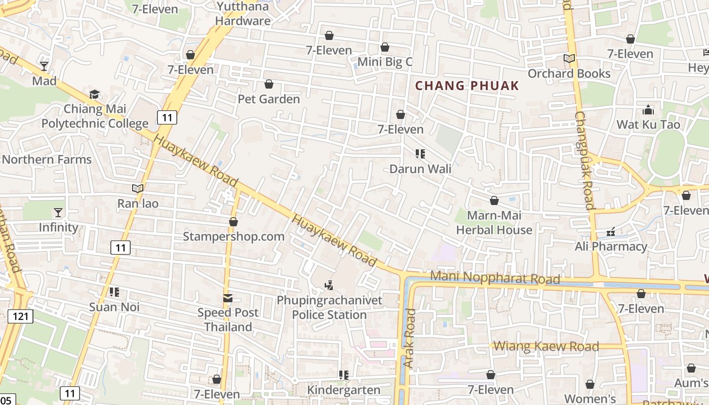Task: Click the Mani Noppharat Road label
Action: pos(495,278)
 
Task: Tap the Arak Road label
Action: pos(409,338)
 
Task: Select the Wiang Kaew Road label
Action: pos(546,347)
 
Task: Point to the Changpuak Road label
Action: pos(584,160)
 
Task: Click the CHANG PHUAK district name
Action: pos(467,86)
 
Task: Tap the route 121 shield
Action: pos(21,316)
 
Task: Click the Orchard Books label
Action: pos(569,74)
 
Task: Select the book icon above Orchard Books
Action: pos(569,59)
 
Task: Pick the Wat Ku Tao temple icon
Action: pos(648,110)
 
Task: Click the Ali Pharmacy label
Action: pos(611,247)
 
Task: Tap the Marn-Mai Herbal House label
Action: pos(494,223)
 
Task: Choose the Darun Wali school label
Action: pos(420,169)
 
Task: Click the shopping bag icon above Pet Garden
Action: pos(269,84)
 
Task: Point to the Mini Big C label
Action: pos(385,62)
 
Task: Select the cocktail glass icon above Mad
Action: pos(44,66)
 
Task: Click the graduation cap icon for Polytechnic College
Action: pos(95,94)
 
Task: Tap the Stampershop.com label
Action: pos(233,236)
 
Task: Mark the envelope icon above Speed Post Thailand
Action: pos(228,298)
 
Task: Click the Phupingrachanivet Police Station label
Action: pos(329,308)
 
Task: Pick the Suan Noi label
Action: pos(114,307)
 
